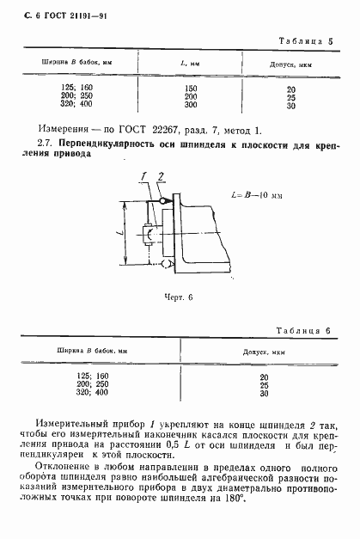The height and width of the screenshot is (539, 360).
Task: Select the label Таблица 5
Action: click(305, 40)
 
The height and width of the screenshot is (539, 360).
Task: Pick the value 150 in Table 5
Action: click(191, 89)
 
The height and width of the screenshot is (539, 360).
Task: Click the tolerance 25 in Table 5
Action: click(291, 97)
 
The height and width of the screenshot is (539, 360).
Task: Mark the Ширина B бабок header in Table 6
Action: click(85, 352)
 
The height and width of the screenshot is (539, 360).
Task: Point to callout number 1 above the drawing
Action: click(146, 177)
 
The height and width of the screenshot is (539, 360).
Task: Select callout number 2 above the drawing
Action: click(162, 177)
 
